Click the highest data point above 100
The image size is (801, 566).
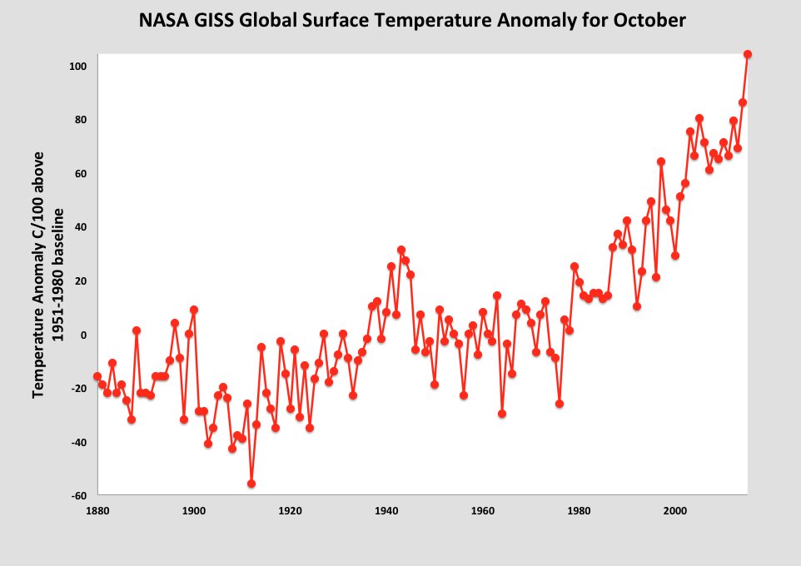tap(747, 54)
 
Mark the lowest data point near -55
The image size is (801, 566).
tap(251, 484)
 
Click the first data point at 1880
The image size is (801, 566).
tap(97, 376)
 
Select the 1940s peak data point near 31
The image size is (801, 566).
tap(400, 250)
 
